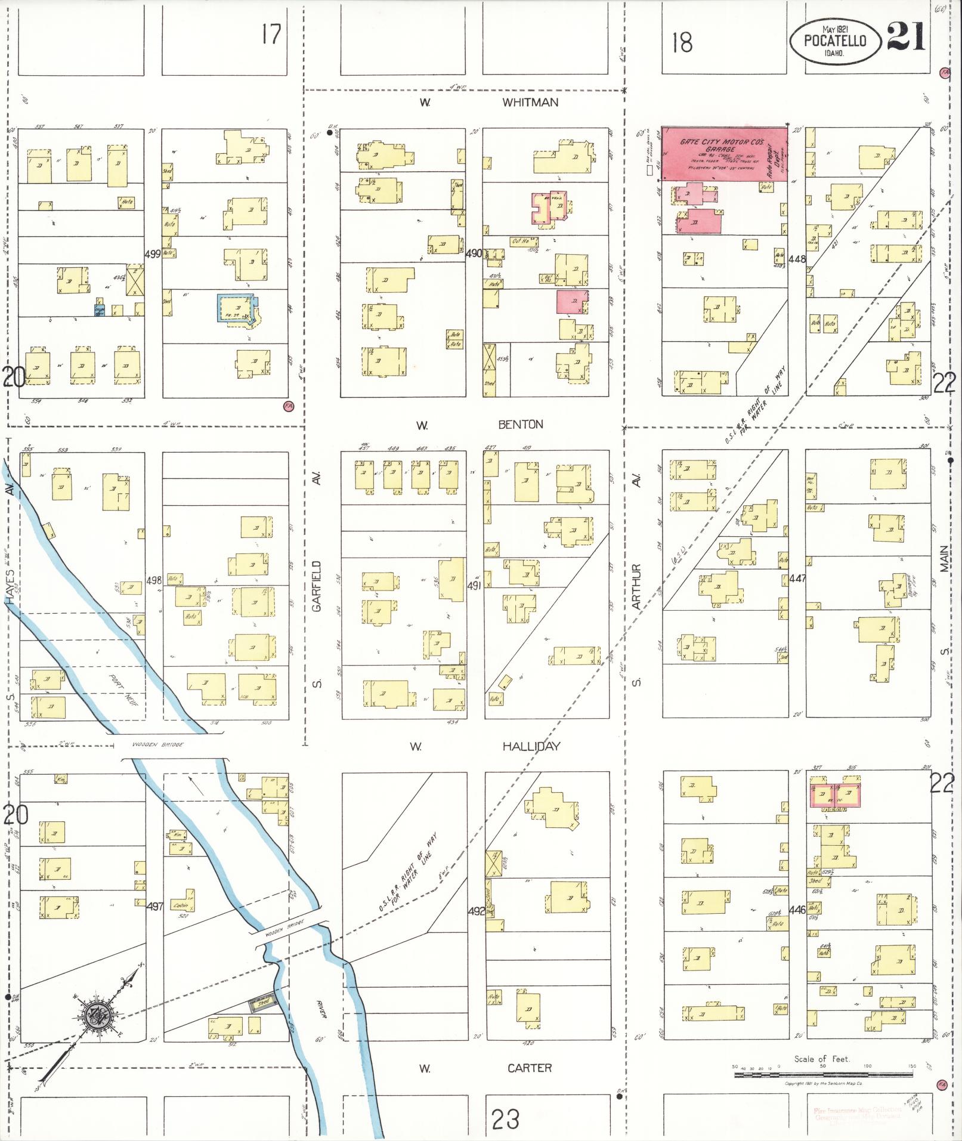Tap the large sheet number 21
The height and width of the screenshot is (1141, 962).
click(x=906, y=38)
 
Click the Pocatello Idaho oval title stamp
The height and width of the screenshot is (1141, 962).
click(x=836, y=41)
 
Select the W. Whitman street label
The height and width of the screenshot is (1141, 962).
click(x=530, y=103)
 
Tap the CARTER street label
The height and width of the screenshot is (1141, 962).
click(x=530, y=1068)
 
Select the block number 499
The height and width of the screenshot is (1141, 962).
click(x=153, y=254)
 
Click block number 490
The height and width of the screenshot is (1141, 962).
click(x=474, y=253)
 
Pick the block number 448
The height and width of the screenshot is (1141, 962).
click(x=797, y=259)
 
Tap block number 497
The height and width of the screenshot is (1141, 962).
click(x=154, y=906)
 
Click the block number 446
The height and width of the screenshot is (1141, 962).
click(x=797, y=910)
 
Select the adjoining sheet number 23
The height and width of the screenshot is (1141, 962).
click(x=506, y=1119)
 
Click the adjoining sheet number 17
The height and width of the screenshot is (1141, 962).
click(x=271, y=35)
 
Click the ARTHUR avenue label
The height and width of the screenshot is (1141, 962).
click(x=636, y=586)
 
